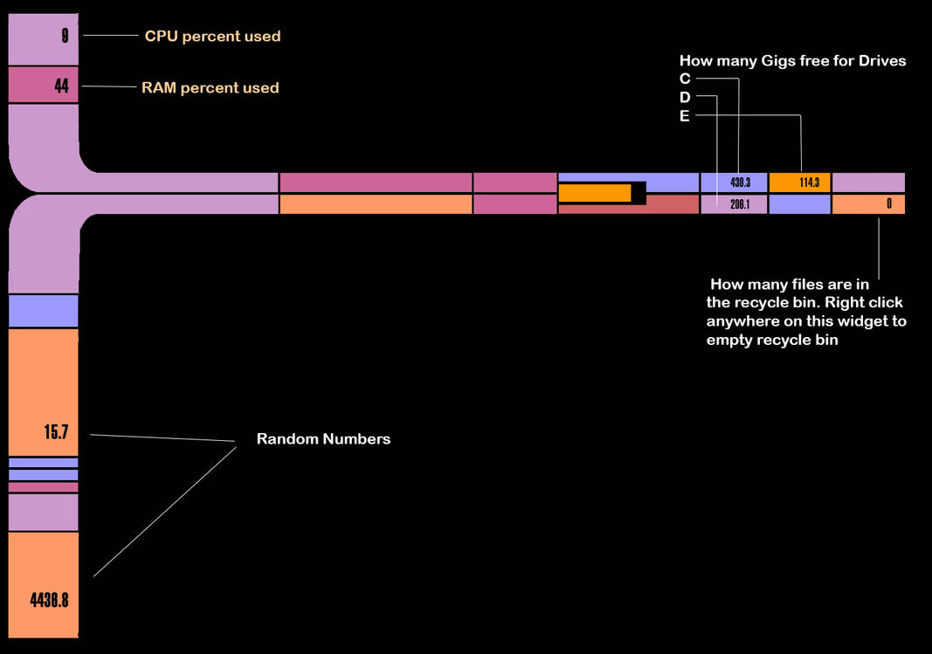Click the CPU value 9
tap(65, 36)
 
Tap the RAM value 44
tap(61, 86)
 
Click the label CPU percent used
tap(212, 37)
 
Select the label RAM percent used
tap(210, 87)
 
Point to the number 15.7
tap(56, 432)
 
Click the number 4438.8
tap(49, 600)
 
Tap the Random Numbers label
tap(323, 438)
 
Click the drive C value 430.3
tap(740, 182)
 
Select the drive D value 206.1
tap(740, 204)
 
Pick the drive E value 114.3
tap(809, 182)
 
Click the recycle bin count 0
tap(889, 204)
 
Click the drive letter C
tap(685, 79)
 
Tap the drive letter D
tap(685, 97)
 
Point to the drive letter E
tap(685, 115)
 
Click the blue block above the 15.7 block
tap(44, 311)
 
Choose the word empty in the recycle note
tap(728, 341)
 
